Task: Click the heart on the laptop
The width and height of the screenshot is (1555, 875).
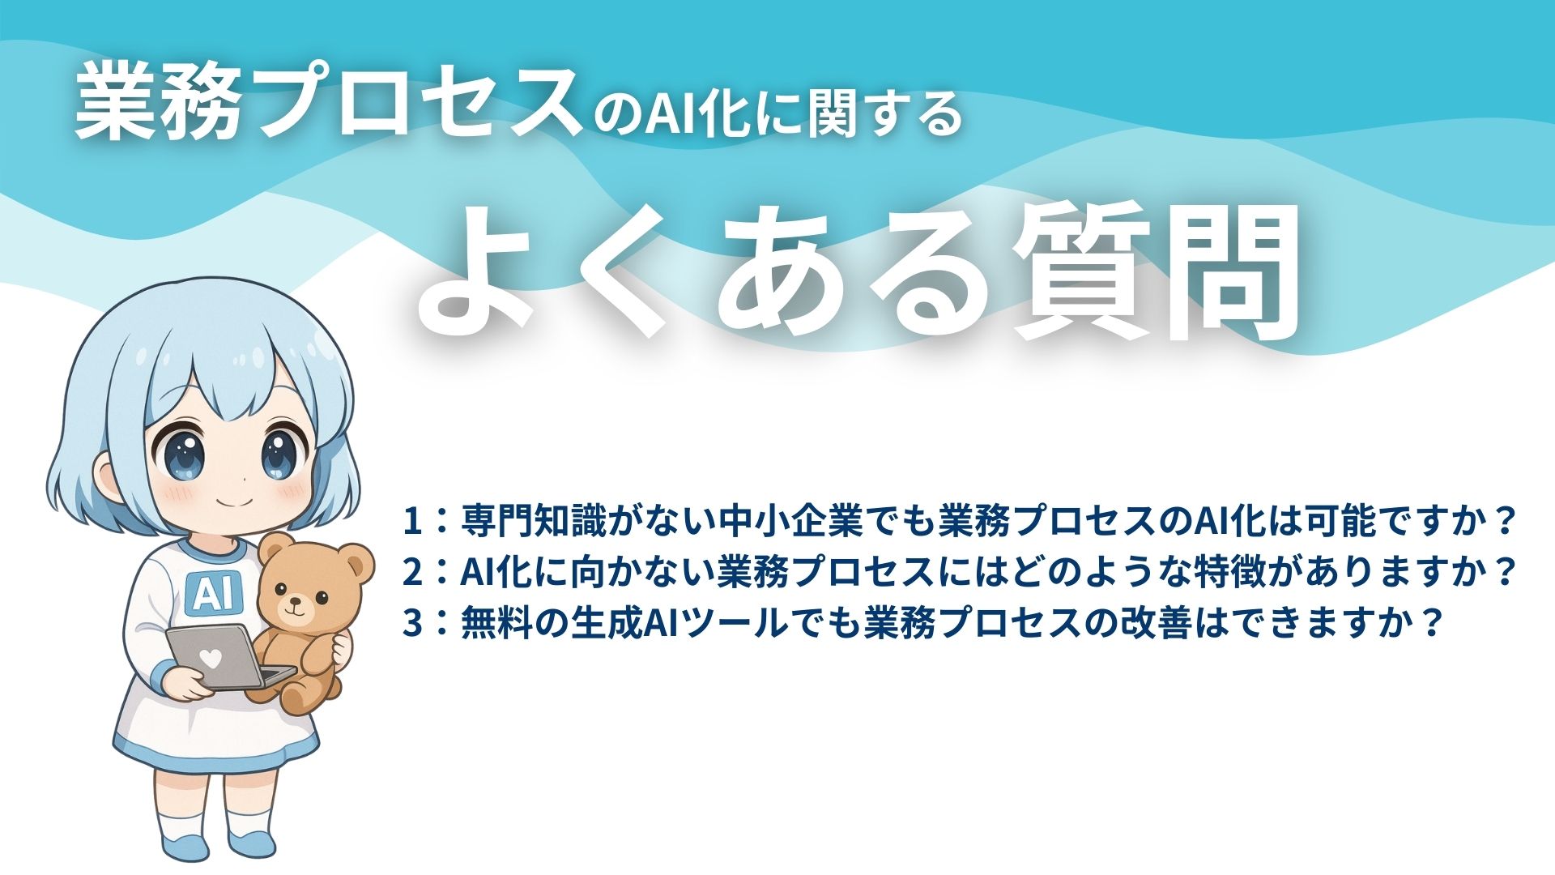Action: [x=210, y=659]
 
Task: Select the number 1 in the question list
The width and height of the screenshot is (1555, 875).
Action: [x=413, y=521]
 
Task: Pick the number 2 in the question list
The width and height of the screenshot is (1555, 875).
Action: [x=413, y=573]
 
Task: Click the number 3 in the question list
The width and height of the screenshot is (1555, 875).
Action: [x=413, y=624]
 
